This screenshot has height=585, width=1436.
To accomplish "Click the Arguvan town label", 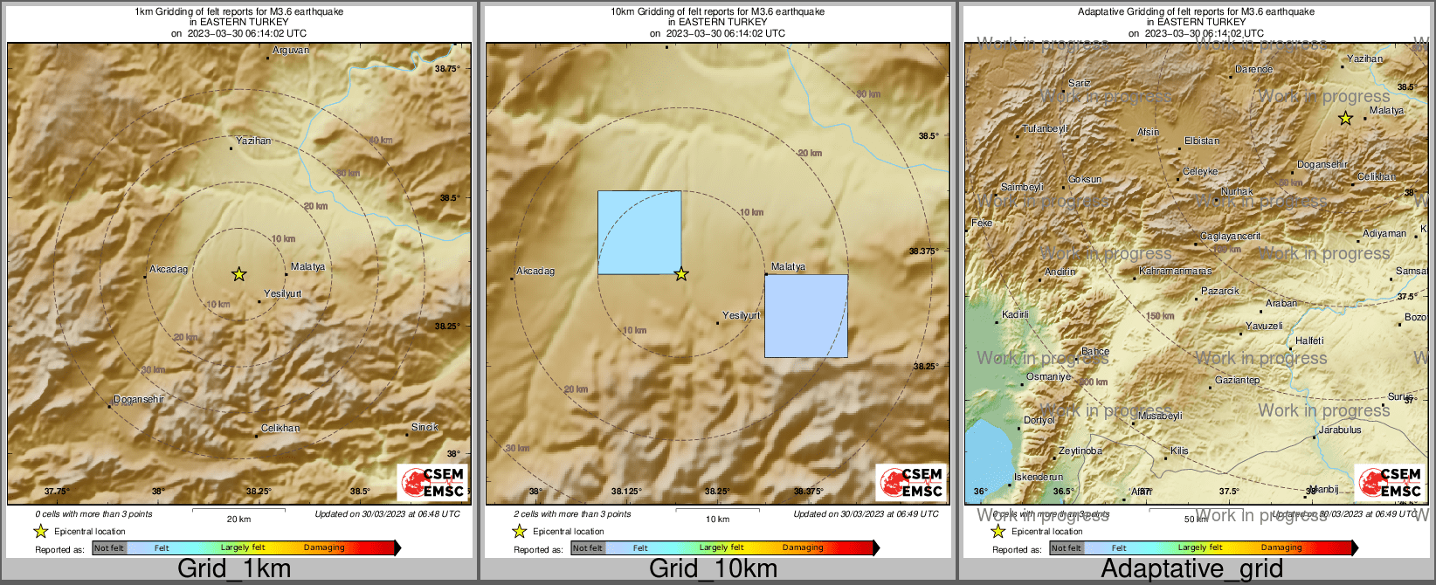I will [x=290, y=51].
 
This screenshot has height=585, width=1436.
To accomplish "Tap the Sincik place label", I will [x=425, y=427].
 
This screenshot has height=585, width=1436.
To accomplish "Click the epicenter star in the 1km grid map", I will [x=238, y=274].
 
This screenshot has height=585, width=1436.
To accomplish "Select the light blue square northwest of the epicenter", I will [x=639, y=232].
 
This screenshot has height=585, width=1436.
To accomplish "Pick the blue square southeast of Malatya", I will [x=805, y=316].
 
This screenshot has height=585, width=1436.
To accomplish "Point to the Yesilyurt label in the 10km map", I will [x=741, y=315].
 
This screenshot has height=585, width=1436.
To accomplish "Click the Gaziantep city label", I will [x=1237, y=381].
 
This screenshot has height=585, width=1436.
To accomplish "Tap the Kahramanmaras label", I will [x=1175, y=272].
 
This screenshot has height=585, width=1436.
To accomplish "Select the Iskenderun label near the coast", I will [x=1038, y=478].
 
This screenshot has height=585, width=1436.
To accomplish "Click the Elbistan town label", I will [x=1201, y=141].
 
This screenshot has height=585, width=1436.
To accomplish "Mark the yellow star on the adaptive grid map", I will [x=1345, y=118].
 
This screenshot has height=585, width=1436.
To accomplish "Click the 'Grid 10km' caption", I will [x=713, y=568].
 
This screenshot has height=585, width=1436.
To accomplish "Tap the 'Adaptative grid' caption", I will [x=1191, y=568].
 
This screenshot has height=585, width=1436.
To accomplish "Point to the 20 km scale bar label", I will [x=238, y=519].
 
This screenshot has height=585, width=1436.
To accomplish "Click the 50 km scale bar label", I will [x=1196, y=519].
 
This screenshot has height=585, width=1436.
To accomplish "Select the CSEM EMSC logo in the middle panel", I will [x=911, y=482].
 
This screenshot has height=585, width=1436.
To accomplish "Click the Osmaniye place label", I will [x=1048, y=376].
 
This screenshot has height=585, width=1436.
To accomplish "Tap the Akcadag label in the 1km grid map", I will [x=169, y=269].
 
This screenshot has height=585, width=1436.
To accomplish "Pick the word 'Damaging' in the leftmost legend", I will [x=324, y=547].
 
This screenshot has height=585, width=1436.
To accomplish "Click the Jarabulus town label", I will [x=1340, y=430].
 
